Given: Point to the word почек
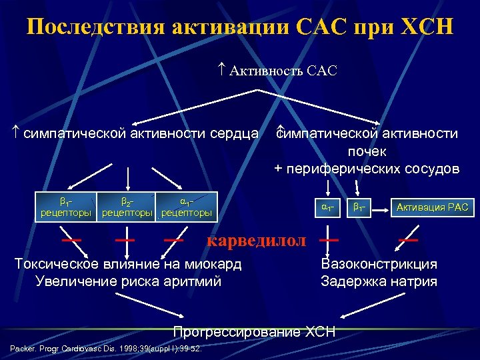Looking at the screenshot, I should (x=367, y=151).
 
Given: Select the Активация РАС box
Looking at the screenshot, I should (x=432, y=207).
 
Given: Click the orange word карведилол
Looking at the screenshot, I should (x=257, y=241).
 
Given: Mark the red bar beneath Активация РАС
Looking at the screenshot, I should (x=408, y=239).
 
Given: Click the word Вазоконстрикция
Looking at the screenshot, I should (x=379, y=265).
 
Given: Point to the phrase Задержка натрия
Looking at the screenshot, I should (x=379, y=281).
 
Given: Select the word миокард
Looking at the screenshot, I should (x=214, y=265).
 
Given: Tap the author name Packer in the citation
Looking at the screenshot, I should (x=23, y=349).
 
